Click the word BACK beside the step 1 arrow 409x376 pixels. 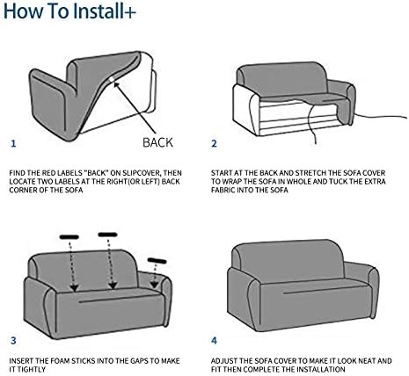point(157,142)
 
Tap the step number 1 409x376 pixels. point(13,144)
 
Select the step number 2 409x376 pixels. point(215,144)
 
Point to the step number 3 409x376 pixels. point(13,341)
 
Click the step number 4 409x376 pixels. point(215,341)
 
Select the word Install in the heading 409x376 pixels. point(97,11)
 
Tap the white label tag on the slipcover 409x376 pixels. point(112,79)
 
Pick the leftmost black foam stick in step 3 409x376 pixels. point(69,237)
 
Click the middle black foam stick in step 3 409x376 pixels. point(107,235)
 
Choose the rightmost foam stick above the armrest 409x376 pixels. point(157,261)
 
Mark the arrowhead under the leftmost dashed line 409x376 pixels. point(75,287)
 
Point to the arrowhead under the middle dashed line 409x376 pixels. point(113,285)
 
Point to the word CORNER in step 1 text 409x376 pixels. point(21,190)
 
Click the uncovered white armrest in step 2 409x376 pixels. point(246,107)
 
